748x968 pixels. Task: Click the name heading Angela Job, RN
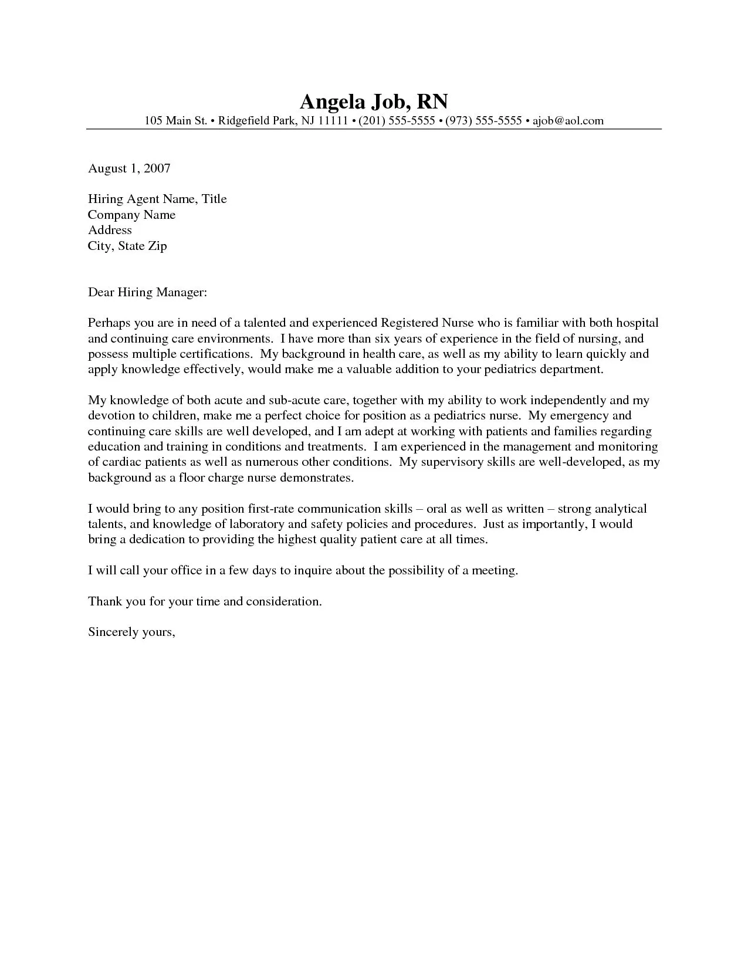(374, 102)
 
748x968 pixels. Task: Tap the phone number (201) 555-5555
(397, 121)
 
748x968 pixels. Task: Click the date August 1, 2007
(129, 168)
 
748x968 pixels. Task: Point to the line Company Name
(131, 215)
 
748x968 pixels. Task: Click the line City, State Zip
(127, 246)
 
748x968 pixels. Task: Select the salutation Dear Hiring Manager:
(147, 292)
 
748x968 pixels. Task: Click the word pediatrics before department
(507, 370)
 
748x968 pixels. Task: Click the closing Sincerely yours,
(131, 632)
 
